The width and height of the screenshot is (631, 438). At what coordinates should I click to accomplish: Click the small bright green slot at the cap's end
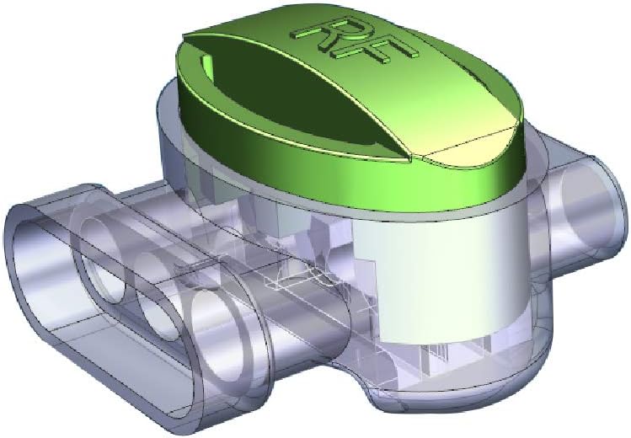tap(206, 67)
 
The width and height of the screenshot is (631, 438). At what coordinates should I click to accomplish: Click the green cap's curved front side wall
tap(342, 177)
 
